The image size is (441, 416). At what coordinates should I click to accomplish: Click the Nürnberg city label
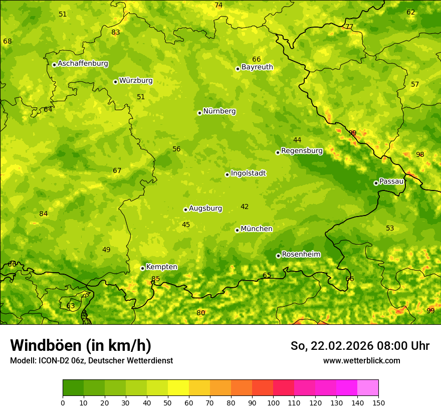(219, 111)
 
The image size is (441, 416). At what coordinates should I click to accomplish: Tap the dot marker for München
(237, 230)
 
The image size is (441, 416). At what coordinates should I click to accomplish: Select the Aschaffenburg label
(83, 64)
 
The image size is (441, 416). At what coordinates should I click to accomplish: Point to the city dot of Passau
(376, 183)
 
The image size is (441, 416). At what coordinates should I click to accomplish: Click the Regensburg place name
(302, 151)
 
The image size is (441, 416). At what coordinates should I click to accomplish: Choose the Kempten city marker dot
(142, 268)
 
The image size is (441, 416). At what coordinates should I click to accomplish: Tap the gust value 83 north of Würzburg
(116, 33)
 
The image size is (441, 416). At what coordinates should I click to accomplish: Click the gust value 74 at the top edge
(218, 6)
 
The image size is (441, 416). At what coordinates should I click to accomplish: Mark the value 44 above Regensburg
(297, 140)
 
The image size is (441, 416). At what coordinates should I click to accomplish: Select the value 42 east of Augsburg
(245, 207)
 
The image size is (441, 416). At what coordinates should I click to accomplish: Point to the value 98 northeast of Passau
(420, 155)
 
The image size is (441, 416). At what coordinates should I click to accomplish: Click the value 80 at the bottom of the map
(201, 313)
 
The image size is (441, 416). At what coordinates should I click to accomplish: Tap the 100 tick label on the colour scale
(273, 402)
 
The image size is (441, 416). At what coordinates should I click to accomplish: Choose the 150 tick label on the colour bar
(378, 402)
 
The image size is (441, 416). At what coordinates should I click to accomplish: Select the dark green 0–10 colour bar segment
(73, 388)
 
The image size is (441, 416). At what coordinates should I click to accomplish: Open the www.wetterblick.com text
(361, 361)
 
